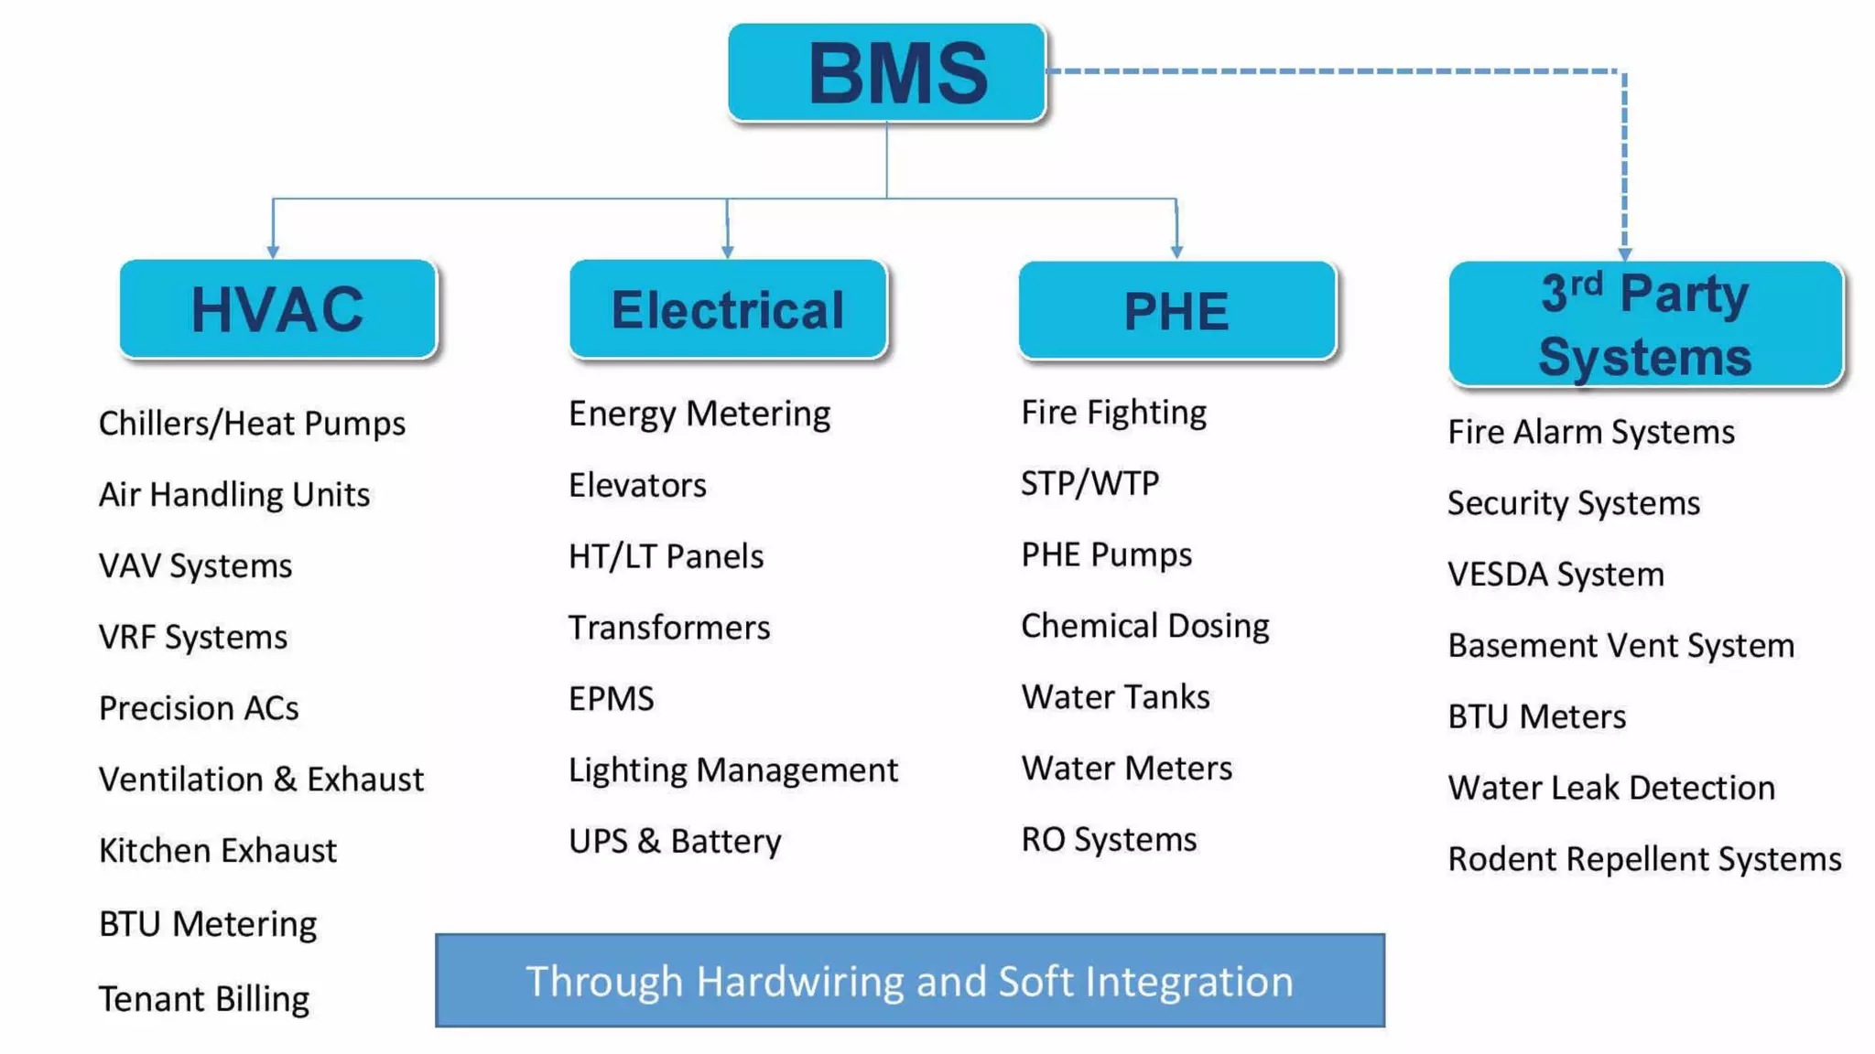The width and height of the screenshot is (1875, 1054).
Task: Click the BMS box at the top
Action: click(x=886, y=72)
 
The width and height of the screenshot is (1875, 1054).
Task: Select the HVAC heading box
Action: click(x=277, y=309)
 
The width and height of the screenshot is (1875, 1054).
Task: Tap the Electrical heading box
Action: click(x=728, y=309)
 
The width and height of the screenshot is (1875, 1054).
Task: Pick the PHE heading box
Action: click(x=1176, y=311)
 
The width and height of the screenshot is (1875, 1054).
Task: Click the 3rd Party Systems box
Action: click(x=1645, y=324)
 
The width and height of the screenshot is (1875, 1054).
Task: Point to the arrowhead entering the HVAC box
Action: click(x=273, y=251)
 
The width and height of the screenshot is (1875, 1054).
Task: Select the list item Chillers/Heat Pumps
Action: click(x=252, y=424)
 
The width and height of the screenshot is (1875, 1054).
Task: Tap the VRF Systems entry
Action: click(x=193, y=637)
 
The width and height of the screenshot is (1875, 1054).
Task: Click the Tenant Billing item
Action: click(x=204, y=998)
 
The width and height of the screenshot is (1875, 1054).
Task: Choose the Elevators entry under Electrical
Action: click(x=637, y=485)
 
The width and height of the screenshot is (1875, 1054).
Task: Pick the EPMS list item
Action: click(x=612, y=699)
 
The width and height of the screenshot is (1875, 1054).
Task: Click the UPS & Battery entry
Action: click(x=675, y=841)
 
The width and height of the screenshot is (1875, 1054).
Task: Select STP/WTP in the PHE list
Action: click(x=1089, y=483)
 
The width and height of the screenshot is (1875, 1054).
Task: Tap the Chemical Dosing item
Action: click(x=1145, y=626)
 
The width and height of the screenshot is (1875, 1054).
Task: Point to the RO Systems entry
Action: click(x=1109, y=839)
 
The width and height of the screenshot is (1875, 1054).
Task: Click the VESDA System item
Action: click(x=1555, y=575)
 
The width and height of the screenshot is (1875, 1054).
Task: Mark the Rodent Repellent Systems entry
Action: click(x=1644, y=859)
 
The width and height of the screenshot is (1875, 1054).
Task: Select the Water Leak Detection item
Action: click(x=1611, y=788)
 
